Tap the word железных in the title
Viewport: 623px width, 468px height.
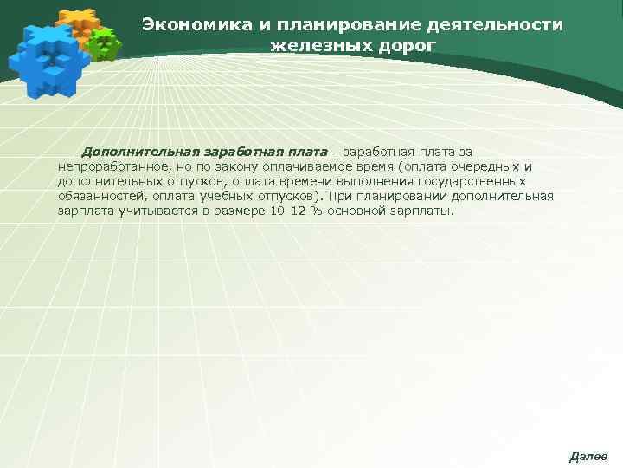tap(313, 44)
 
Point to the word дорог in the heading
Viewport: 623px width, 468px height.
tap(399, 44)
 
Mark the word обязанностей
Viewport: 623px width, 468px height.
tap(95, 196)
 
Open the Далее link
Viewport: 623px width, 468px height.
tap(588, 456)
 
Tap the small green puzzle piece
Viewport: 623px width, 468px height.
tap(106, 43)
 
